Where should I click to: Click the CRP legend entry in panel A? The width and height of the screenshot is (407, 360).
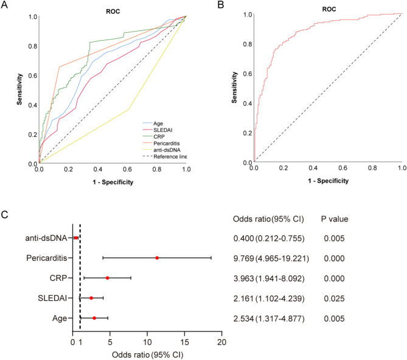point(150,137)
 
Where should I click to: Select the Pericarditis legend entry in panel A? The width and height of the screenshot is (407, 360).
point(158,144)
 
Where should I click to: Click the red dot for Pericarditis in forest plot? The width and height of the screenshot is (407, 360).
point(157,258)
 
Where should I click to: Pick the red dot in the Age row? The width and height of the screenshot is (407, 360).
point(94,318)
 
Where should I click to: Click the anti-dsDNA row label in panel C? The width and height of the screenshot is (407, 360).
point(47,238)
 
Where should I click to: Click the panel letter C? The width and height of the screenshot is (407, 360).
point(5,213)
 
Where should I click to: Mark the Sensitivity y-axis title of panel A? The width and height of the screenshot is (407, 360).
point(21,89)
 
